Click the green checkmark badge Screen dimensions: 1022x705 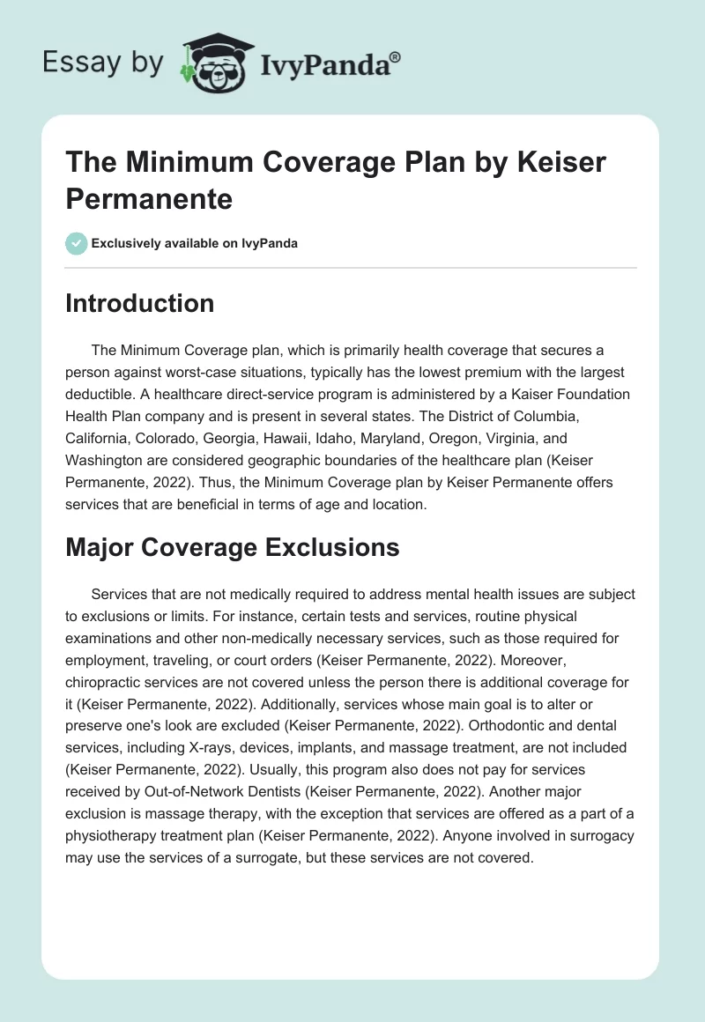tap(77, 243)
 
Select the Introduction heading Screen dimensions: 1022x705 tap(140, 304)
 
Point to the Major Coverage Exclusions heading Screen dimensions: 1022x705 tap(233, 547)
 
